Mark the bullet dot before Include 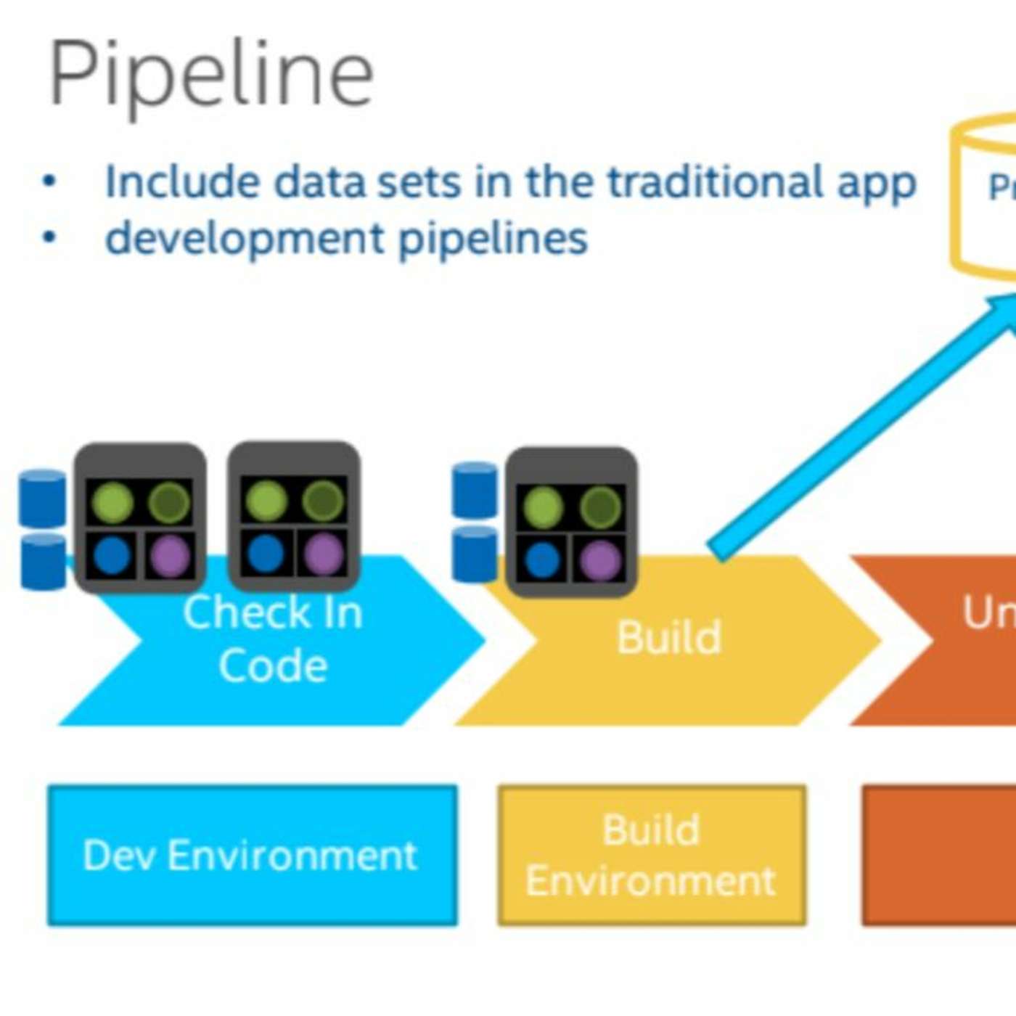(x=49, y=181)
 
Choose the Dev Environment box (x=252, y=855)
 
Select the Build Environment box (x=651, y=855)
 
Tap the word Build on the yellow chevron (x=668, y=638)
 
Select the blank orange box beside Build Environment (x=940, y=855)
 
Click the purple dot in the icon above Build (x=599, y=560)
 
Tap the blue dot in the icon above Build (x=542, y=560)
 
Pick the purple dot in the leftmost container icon (x=171, y=555)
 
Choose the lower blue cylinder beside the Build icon (x=475, y=554)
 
